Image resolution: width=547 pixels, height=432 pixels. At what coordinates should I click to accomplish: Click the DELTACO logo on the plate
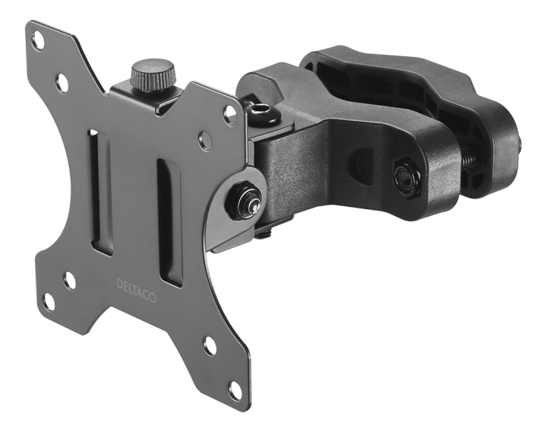tap(136, 291)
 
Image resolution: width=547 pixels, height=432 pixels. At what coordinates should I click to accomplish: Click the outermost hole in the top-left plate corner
tap(37, 41)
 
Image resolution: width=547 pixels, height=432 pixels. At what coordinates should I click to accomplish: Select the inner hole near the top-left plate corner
tap(62, 82)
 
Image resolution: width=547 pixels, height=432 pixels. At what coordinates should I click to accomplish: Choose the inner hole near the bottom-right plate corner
tap(210, 345)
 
